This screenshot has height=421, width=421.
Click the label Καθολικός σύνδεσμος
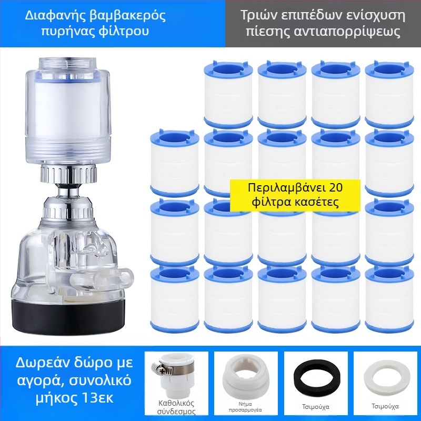click(176, 407)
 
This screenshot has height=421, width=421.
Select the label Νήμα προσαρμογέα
click(245, 407)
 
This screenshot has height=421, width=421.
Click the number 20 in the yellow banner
click(336, 187)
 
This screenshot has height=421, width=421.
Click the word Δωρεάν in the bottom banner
click(40, 363)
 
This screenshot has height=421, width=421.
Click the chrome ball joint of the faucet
click(68, 192)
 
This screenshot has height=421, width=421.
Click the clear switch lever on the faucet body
click(102, 277)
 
